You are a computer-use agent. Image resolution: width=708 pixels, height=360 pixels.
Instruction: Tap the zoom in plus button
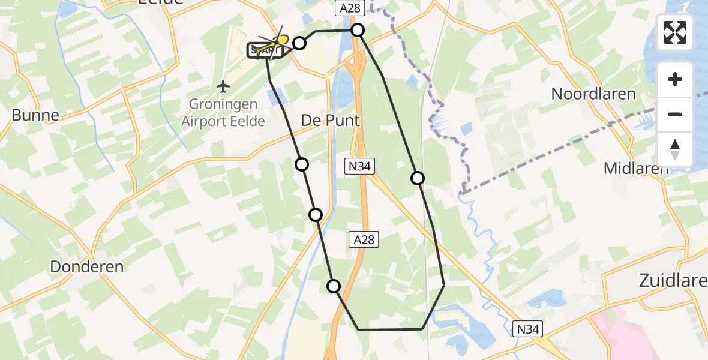pos(675,79)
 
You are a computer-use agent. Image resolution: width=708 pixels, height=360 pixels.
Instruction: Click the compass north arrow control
pos(675,149)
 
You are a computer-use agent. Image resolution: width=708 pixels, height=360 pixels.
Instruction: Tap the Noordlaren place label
pos(593,94)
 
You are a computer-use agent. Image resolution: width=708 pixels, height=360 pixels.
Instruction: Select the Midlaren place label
pos(636,169)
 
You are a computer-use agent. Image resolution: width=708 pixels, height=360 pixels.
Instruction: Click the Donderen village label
pos(87,267)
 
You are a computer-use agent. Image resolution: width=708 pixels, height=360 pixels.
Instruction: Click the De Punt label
pos(330,121)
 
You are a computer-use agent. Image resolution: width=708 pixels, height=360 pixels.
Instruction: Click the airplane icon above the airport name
pos(223,87)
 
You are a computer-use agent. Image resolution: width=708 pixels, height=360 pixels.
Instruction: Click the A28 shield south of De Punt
pos(364,240)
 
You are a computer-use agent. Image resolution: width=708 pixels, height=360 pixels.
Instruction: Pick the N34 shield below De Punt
pos(361,167)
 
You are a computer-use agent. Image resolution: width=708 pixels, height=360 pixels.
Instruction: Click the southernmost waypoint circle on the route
pos(334,286)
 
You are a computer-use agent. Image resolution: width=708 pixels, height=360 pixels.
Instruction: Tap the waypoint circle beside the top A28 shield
pos(358,30)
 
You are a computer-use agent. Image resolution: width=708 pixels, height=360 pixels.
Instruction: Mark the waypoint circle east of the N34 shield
pos(418,178)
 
